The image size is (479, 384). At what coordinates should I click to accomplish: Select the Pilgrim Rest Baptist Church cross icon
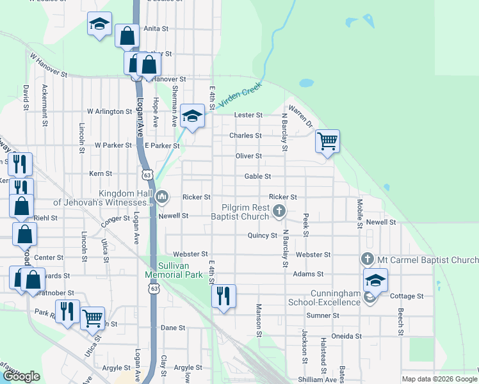point(279,211)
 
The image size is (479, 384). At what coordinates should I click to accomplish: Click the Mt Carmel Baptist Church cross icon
point(367,259)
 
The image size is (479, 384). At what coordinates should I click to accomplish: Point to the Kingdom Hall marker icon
point(162,196)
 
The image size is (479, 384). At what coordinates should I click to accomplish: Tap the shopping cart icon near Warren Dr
point(327,140)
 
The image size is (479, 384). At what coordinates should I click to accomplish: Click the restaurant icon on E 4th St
point(223,295)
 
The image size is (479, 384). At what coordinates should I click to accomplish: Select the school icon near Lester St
point(191,116)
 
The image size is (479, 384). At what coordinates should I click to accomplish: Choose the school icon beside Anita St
point(99,24)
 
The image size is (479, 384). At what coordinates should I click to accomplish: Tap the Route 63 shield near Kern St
point(148,174)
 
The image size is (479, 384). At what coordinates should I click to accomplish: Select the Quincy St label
point(262,236)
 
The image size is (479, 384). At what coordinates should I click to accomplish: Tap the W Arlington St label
point(110,111)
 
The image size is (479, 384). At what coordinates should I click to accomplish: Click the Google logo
point(21,376)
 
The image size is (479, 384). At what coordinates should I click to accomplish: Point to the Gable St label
point(257,176)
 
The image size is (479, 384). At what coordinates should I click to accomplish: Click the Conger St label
point(115,222)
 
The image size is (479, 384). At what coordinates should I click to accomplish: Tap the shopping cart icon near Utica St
point(93,317)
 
